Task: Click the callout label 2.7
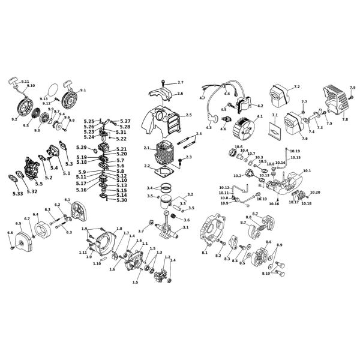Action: [181, 82]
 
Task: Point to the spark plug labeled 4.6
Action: [223, 127]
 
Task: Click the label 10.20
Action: [315, 191]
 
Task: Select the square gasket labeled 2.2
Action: [164, 171]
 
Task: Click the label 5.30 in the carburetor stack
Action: [121, 200]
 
